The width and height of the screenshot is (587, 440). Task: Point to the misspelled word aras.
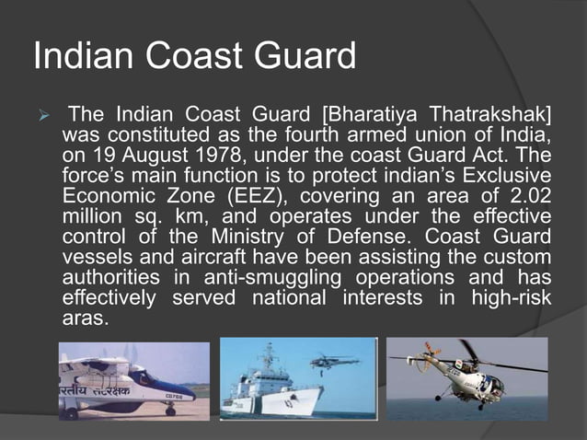click(x=85, y=317)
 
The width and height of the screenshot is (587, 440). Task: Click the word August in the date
click(x=135, y=155)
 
